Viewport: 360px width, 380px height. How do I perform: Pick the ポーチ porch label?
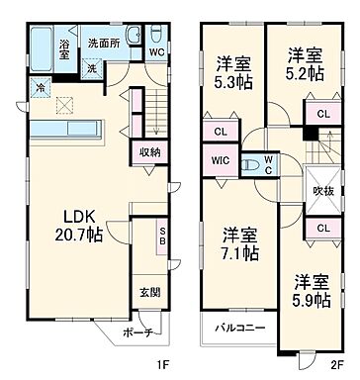(x=136, y=333)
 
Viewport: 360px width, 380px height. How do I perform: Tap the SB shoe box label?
(x=162, y=237)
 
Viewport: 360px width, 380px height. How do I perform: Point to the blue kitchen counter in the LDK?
(x=67, y=130)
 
